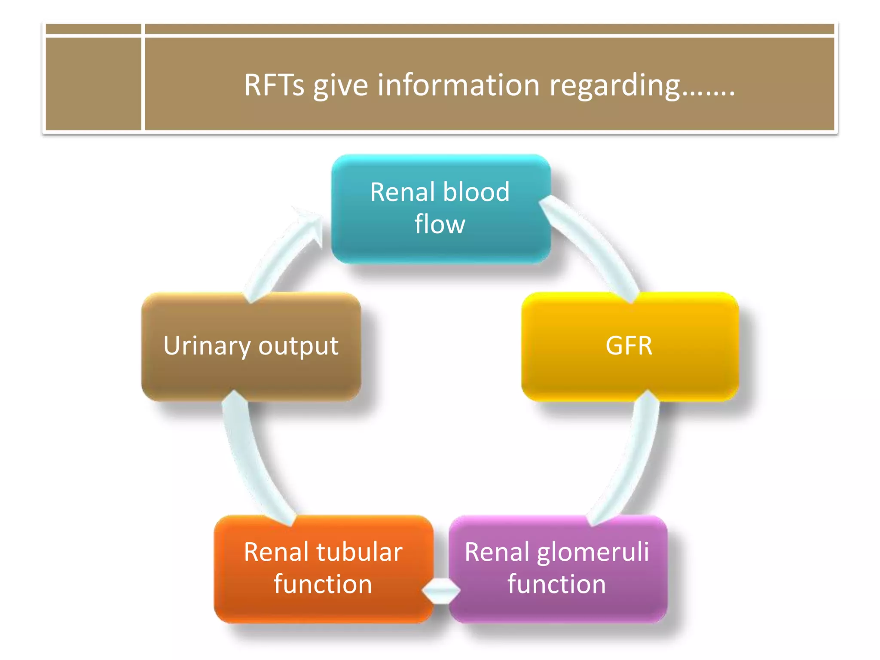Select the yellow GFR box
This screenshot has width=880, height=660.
click(x=630, y=346)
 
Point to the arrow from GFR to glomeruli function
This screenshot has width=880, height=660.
click(x=632, y=460)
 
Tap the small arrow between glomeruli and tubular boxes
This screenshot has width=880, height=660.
click(x=441, y=591)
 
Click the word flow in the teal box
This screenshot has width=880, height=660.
click(x=440, y=224)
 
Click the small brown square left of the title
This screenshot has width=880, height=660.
click(x=93, y=83)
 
